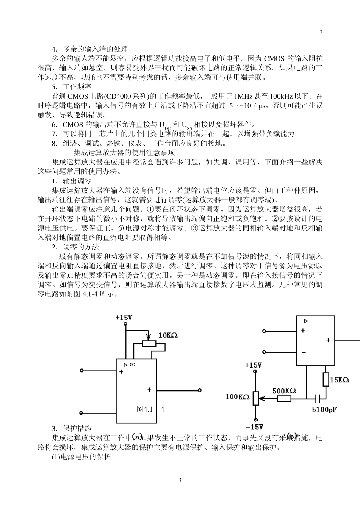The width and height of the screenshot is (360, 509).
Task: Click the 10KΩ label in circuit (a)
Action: click(x=168, y=335)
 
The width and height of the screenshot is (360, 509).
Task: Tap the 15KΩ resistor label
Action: click(x=339, y=380)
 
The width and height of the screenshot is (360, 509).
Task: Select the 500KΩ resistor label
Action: click(x=284, y=391)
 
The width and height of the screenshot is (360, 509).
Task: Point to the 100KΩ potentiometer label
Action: click(x=238, y=397)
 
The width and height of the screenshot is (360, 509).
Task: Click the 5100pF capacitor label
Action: click(x=324, y=410)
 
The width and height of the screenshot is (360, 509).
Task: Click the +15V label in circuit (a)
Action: click(x=124, y=318)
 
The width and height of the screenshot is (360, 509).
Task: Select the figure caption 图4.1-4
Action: click(x=150, y=409)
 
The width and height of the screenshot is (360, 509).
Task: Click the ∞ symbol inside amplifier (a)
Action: click(x=132, y=365)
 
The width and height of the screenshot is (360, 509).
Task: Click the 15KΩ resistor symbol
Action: click(x=326, y=379)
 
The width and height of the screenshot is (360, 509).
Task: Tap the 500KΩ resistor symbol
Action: click(x=284, y=398)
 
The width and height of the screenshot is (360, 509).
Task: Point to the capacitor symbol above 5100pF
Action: click(x=319, y=398)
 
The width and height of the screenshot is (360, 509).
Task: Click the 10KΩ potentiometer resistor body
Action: click(x=149, y=343)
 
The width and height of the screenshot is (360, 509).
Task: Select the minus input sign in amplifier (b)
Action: click(x=304, y=352)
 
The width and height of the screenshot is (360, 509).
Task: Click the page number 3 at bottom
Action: click(x=180, y=480)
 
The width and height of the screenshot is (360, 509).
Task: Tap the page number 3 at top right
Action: click(x=321, y=32)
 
